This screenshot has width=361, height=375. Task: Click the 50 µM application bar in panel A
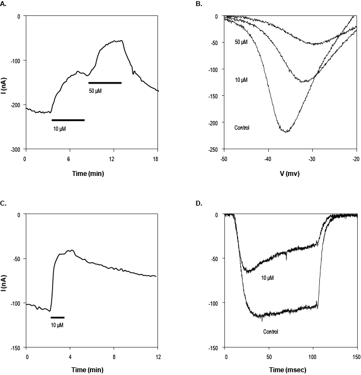coord(105,83)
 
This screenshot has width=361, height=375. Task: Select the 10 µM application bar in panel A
coord(68,120)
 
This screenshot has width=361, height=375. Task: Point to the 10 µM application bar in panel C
coord(58,317)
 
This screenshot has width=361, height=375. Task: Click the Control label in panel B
coord(242,128)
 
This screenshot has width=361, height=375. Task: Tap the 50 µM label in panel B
coord(241,42)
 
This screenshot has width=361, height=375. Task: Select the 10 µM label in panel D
coord(266,278)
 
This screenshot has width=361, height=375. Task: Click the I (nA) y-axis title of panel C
coord(5,281)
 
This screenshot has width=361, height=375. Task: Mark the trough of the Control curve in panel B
coord(286,132)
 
